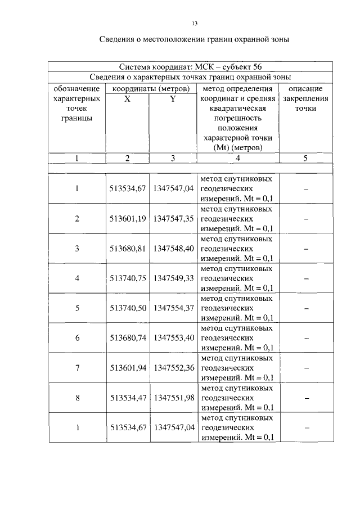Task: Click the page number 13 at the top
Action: pyautogui.click(x=195, y=23)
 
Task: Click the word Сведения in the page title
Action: pyautogui.click(x=118, y=39)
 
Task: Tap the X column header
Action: pyautogui.click(x=127, y=98)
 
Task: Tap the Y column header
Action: pyautogui.click(x=173, y=98)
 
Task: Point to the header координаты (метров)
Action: pyautogui.click(x=150, y=89)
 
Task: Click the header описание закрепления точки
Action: pyautogui.click(x=305, y=98)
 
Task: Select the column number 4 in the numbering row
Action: pyautogui.click(x=237, y=158)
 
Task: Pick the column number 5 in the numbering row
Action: pyautogui.click(x=305, y=158)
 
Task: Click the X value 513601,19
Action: pyautogui.click(x=128, y=218)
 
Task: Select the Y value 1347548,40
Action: pyautogui.click(x=173, y=248)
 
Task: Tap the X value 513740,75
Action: pyautogui.click(x=128, y=278)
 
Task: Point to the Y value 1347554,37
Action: pyautogui.click(x=173, y=308)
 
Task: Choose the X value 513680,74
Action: pyautogui.click(x=128, y=337)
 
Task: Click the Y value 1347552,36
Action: pyautogui.click(x=173, y=367)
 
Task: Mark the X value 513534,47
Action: pyautogui.click(x=128, y=397)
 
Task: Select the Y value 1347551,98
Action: pyautogui.click(x=173, y=397)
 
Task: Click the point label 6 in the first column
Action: pyautogui.click(x=77, y=337)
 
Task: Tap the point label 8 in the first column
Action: pyautogui.click(x=77, y=397)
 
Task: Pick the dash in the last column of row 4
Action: pyautogui.click(x=305, y=278)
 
